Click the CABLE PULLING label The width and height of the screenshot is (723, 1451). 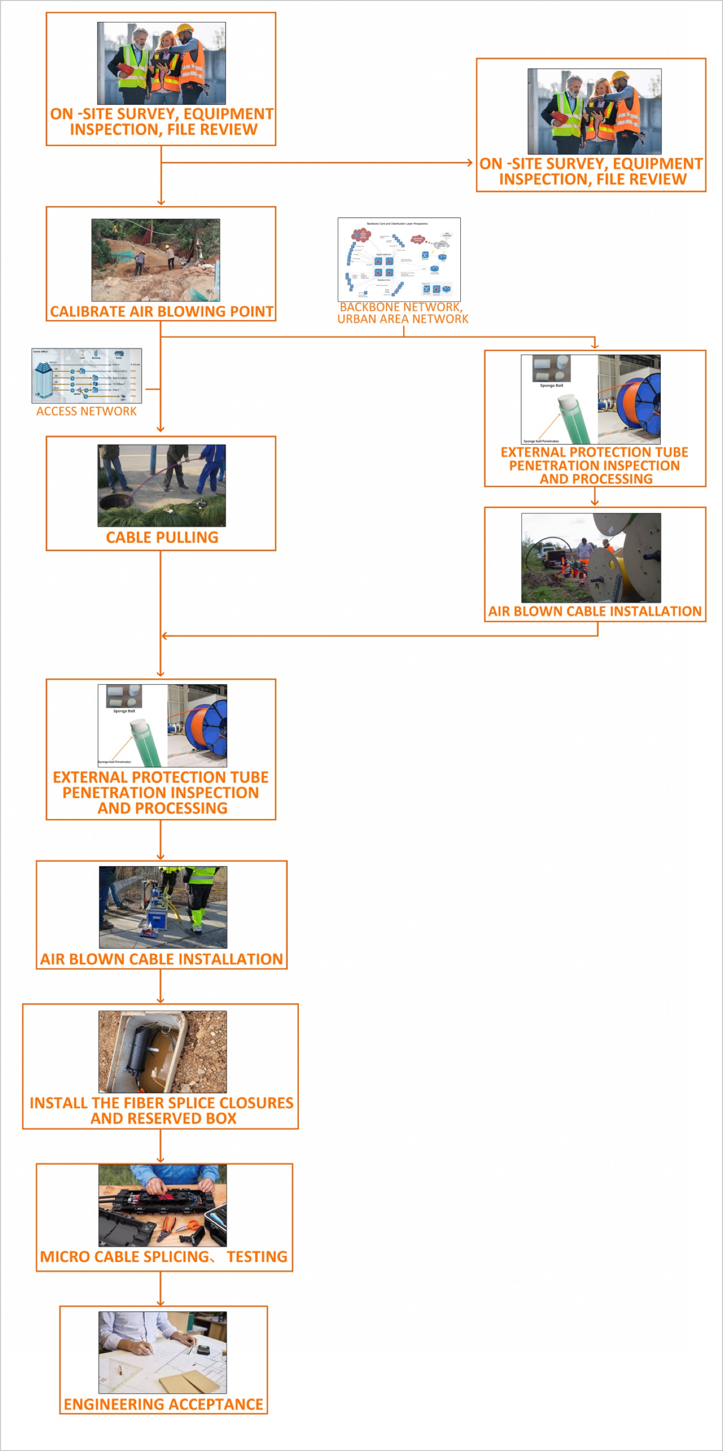[x=161, y=537]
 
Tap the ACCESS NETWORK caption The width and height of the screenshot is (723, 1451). [x=86, y=411]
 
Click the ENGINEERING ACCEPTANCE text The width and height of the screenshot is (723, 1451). [x=163, y=1404]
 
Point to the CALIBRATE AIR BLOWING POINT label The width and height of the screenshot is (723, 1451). [x=161, y=311]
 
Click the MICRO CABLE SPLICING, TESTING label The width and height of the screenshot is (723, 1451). [x=163, y=1257]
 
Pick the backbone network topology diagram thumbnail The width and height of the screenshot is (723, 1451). [x=399, y=259]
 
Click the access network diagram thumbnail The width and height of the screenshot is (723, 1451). [x=86, y=376]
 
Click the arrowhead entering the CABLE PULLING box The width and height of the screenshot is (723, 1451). [x=160, y=429]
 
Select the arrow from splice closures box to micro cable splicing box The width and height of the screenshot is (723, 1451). [x=160, y=1146]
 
